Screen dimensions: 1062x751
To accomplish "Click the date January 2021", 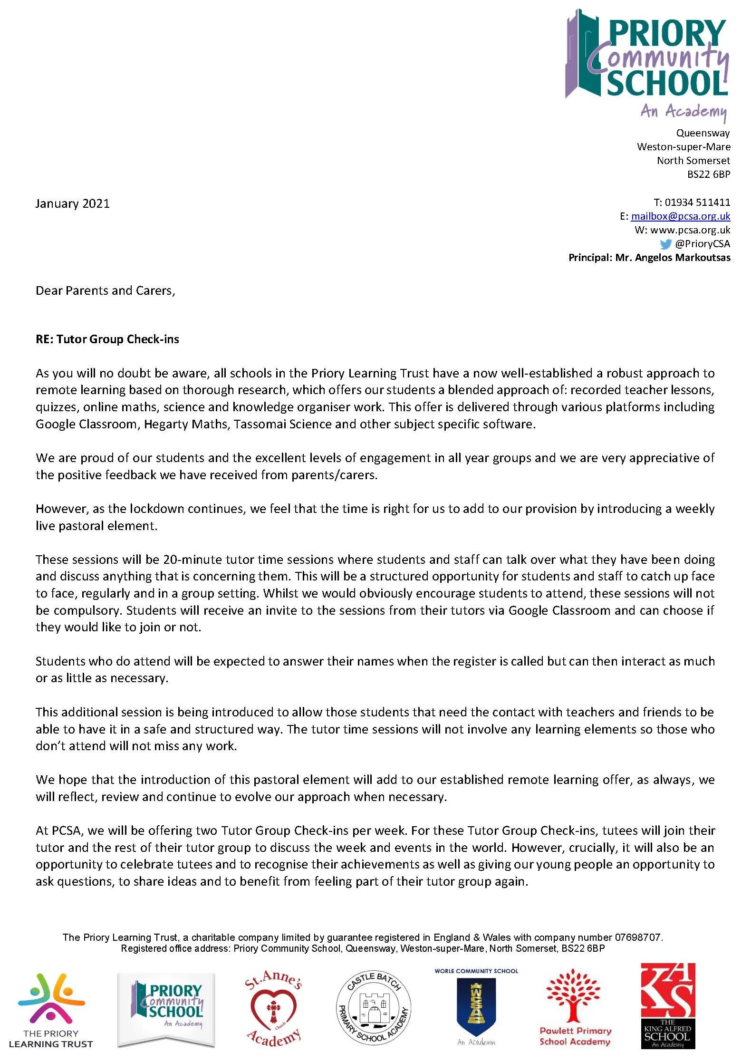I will [72, 203].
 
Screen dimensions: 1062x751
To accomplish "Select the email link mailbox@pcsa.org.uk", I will [680, 216].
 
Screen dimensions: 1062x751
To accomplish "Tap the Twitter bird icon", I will [665, 244].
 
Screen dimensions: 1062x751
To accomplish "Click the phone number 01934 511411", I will [697, 202].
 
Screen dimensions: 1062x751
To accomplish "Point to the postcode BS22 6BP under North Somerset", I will [708, 174].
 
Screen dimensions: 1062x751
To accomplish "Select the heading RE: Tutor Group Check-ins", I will [107, 339].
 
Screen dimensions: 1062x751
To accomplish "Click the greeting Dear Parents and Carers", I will [105, 290].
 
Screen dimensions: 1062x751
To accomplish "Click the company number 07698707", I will [637, 937].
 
